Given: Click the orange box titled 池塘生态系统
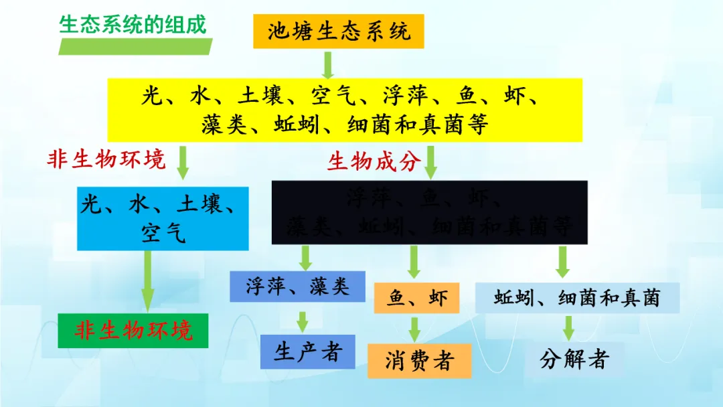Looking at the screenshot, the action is [x=339, y=31].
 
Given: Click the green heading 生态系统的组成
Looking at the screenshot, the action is [x=133, y=24].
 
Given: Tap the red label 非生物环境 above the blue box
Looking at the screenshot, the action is [x=105, y=159].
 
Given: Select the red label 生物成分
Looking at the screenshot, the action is [x=374, y=161].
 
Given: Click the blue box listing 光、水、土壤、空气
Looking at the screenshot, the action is [x=163, y=218].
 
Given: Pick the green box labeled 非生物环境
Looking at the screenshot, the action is [x=134, y=330].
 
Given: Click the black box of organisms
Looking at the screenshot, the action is [x=429, y=212].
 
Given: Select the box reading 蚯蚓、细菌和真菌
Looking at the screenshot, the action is [x=577, y=298].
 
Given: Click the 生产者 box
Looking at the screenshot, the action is [x=308, y=351].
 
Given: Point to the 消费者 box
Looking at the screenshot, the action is [x=419, y=361].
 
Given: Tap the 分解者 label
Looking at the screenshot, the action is [x=574, y=359].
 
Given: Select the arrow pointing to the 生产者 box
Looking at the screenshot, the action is [x=303, y=321].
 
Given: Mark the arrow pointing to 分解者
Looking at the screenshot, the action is [x=568, y=327].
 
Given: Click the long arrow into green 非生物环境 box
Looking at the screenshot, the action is [x=148, y=281].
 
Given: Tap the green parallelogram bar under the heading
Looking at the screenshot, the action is [x=135, y=47].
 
